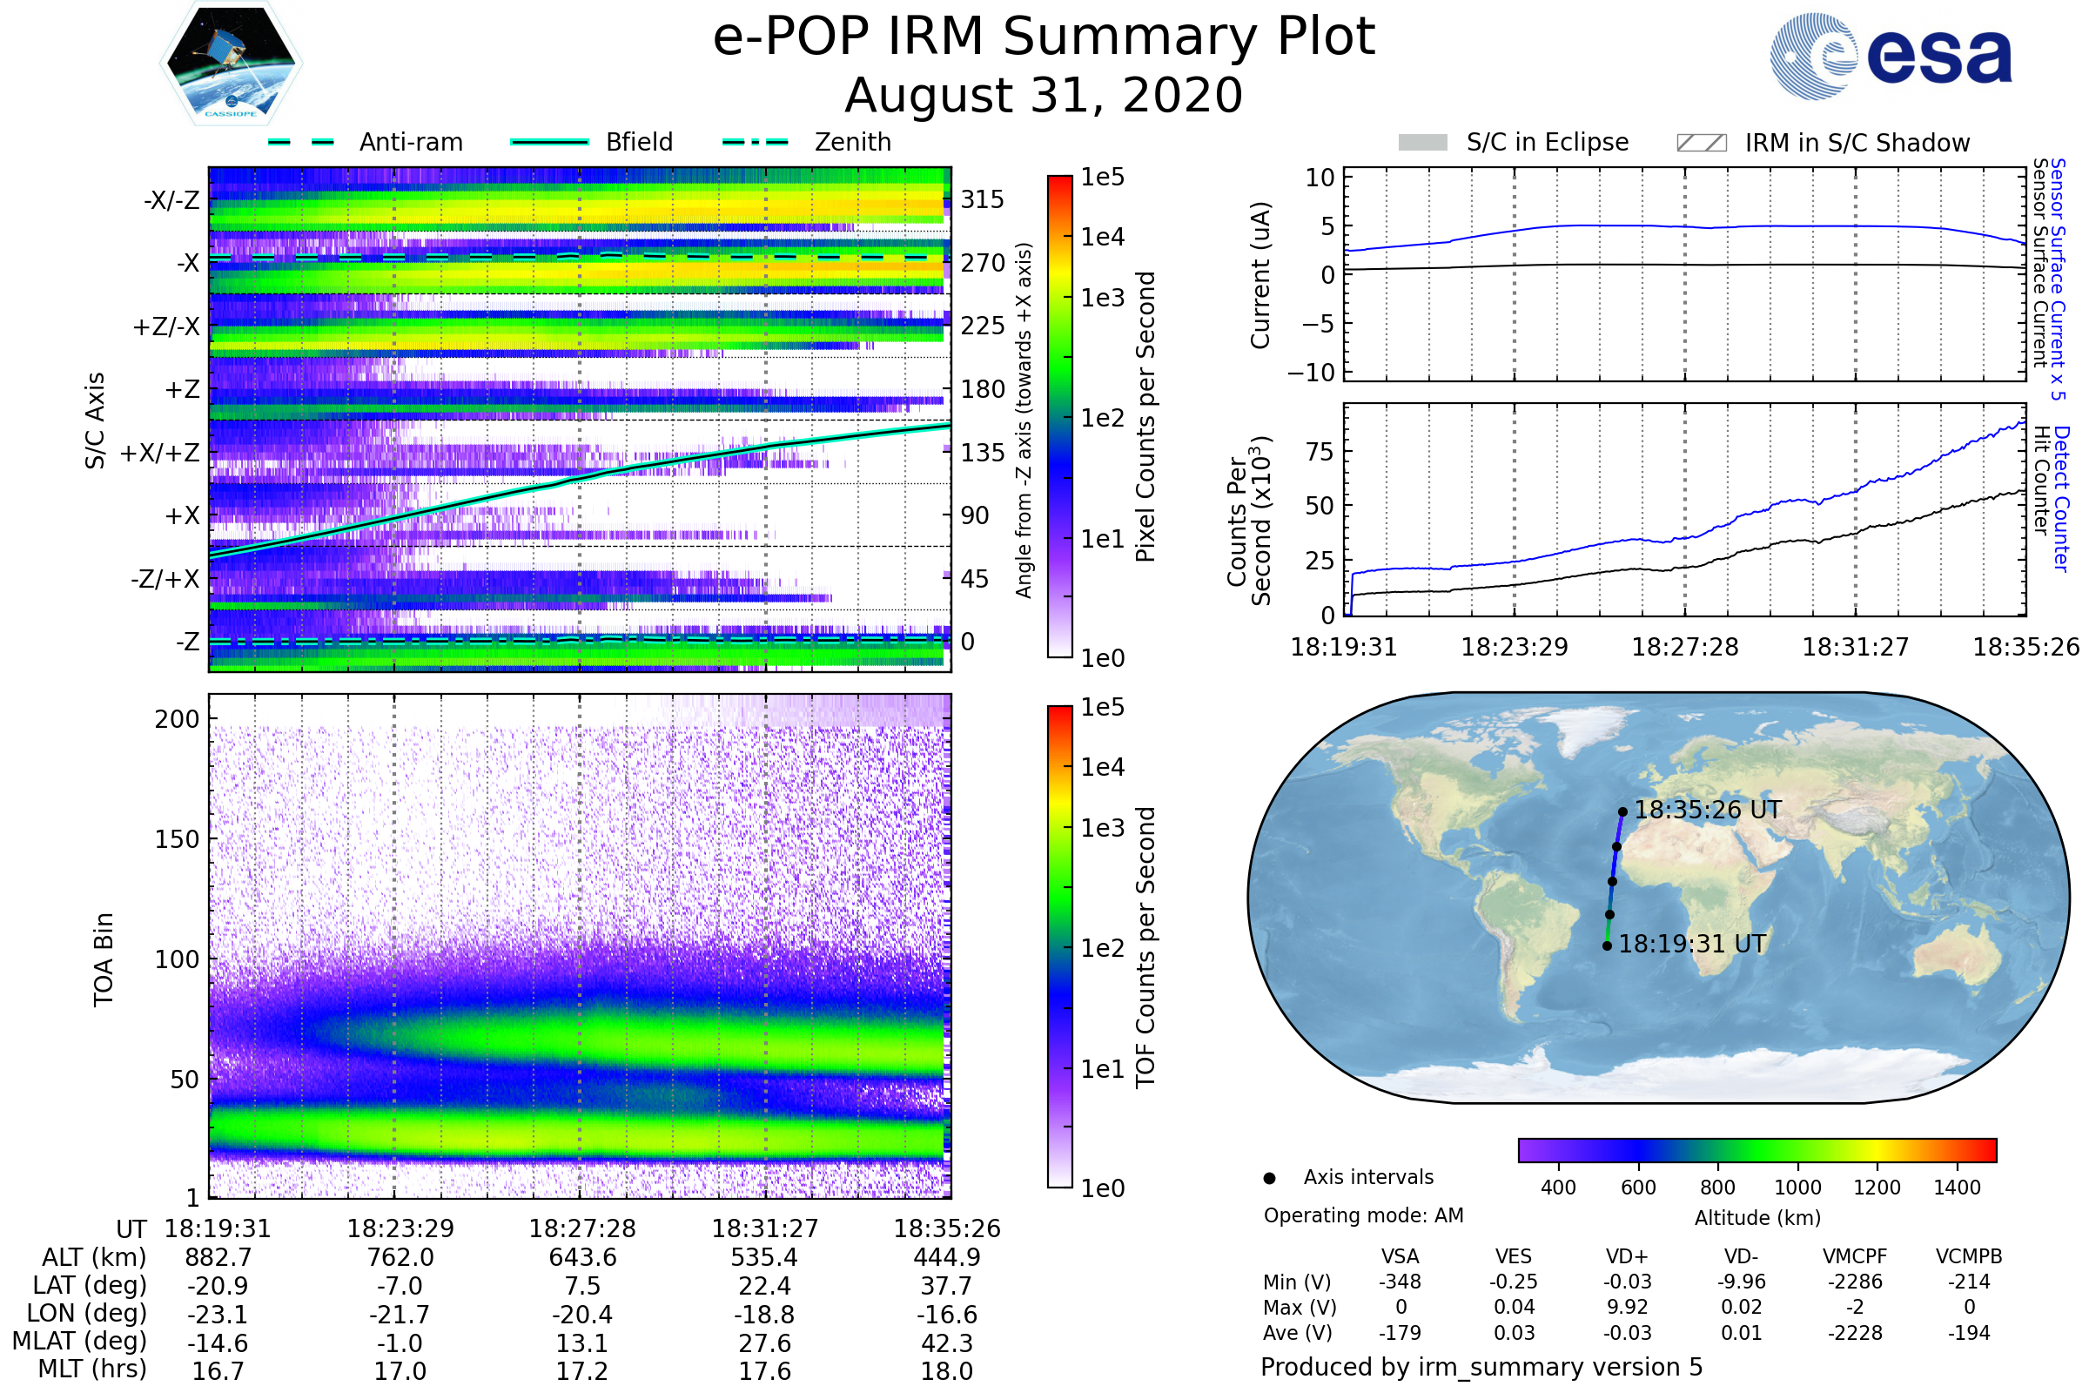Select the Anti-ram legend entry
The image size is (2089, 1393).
(x=366, y=142)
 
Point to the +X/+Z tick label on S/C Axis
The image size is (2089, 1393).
(x=160, y=453)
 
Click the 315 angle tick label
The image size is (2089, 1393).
(x=982, y=199)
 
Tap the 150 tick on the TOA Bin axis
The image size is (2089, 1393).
(x=177, y=839)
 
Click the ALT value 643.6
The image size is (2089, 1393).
(x=582, y=1257)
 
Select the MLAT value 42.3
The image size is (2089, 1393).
(x=947, y=1343)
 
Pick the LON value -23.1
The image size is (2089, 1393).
(x=218, y=1314)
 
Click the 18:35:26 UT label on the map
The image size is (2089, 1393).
(x=1707, y=811)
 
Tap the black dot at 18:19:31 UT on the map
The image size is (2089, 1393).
(x=1607, y=946)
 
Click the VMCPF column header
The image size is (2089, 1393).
(x=1855, y=1256)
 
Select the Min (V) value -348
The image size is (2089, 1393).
(x=1400, y=1282)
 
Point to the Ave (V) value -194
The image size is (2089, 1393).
(x=1969, y=1333)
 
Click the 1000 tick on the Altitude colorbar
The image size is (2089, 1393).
(x=1797, y=1188)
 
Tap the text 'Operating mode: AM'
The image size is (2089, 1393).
(x=1363, y=1215)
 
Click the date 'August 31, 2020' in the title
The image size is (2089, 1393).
(x=1044, y=95)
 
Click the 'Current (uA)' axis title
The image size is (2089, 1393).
(x=1260, y=274)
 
